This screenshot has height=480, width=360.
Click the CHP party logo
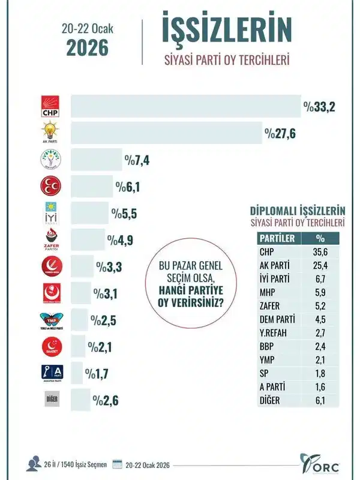[48, 107]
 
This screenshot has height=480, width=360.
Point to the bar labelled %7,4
[96, 160]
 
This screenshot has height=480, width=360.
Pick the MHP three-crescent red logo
[48, 187]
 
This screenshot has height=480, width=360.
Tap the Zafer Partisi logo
[48, 239]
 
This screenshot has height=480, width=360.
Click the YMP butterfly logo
[48, 320]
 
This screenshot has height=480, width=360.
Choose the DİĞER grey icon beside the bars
[48, 399]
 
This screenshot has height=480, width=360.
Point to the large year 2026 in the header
[88, 46]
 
